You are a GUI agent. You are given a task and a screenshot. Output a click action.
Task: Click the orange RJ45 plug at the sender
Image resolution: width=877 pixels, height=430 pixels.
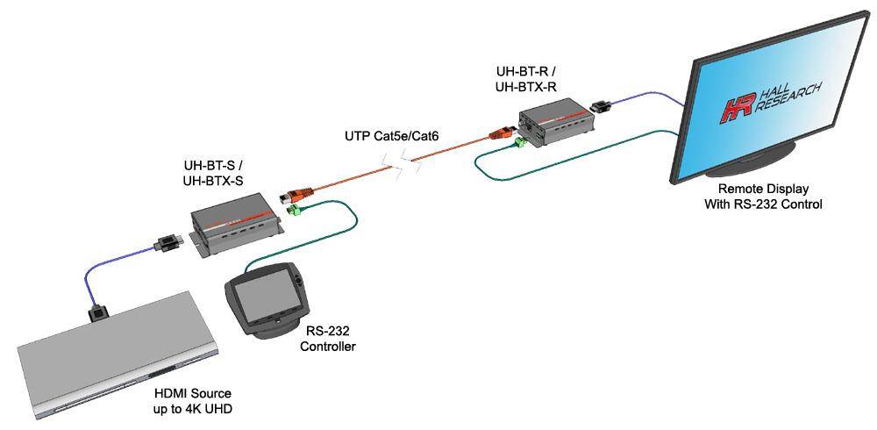tap(291, 195)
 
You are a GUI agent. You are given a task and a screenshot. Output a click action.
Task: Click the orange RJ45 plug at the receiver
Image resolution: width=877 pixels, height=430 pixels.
tap(503, 134)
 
